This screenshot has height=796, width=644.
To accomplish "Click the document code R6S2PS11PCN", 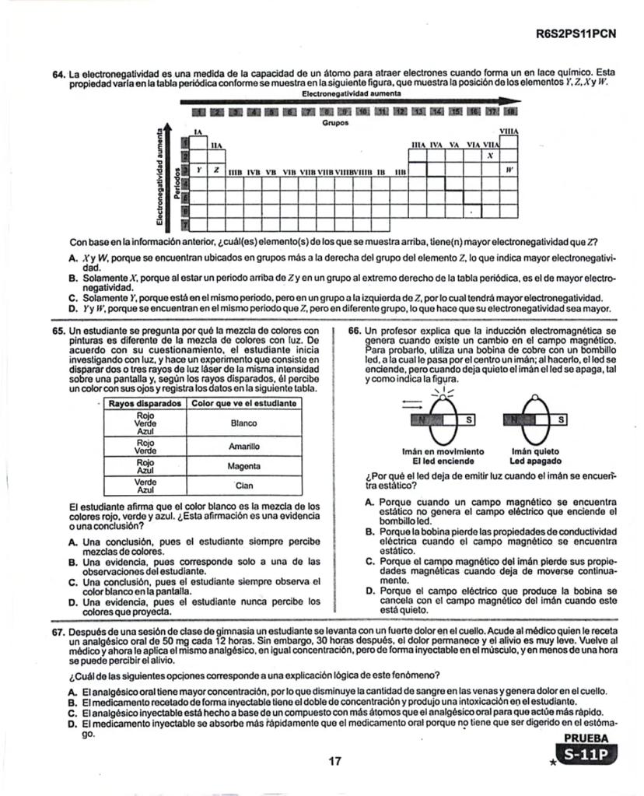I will (x=576, y=34).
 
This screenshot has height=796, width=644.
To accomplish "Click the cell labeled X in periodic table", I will (x=490, y=156).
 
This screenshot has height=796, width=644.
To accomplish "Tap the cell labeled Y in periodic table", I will (x=199, y=169).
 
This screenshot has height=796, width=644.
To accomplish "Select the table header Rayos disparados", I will (x=145, y=404).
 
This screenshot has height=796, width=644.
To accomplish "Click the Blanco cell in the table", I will (x=243, y=424).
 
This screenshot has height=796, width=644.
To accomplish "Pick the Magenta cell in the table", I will (x=243, y=466).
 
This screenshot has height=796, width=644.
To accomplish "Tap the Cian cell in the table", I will (x=243, y=486).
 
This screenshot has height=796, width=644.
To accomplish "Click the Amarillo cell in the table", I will (x=243, y=447).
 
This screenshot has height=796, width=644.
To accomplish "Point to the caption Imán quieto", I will (x=534, y=451).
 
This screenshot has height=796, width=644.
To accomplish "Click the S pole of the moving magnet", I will (x=469, y=420).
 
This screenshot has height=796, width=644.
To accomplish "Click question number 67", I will (x=58, y=633).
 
